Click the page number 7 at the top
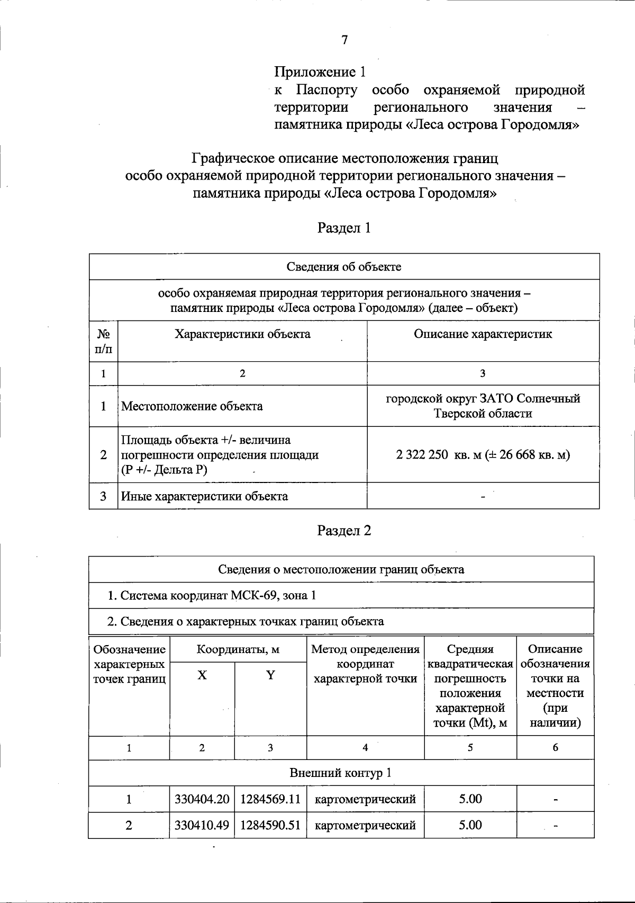(x=344, y=40)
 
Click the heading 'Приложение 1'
(x=320, y=72)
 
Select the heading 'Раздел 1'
(x=344, y=228)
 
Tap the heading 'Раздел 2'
(x=344, y=531)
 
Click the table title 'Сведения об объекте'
(x=344, y=266)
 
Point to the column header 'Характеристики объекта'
(x=242, y=334)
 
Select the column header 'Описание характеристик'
(x=483, y=334)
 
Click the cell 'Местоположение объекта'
(x=192, y=406)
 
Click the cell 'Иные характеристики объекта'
(x=205, y=496)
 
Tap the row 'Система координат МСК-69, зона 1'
(x=212, y=595)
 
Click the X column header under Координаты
(x=202, y=675)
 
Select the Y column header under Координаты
(x=270, y=675)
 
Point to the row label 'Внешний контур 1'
(x=341, y=773)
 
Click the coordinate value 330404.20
(x=202, y=799)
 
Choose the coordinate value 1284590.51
(x=270, y=825)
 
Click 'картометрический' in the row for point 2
(x=365, y=825)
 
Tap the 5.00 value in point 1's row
(x=470, y=799)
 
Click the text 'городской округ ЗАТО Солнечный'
(x=483, y=399)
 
